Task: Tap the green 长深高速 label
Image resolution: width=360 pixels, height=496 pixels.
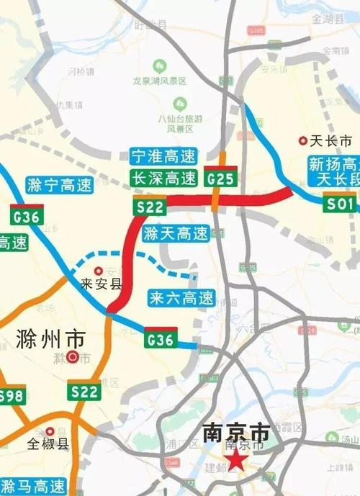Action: click(163, 177)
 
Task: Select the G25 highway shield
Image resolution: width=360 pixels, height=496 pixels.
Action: click(220, 177)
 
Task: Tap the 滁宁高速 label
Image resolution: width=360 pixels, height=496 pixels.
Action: click(59, 185)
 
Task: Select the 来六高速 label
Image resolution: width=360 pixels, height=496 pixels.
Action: click(181, 297)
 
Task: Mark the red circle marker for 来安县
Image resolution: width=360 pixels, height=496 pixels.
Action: click(98, 271)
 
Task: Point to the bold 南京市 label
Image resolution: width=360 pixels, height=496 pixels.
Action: click(235, 433)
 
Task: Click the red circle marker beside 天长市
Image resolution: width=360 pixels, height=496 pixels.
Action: click(302, 142)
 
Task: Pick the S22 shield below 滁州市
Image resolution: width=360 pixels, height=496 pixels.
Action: click(85, 392)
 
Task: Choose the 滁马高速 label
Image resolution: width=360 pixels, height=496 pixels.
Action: click(32, 484)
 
